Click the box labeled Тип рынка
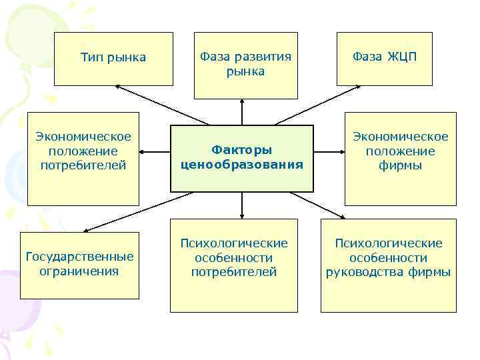[113, 59]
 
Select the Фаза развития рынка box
[245, 65]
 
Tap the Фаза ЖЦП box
[384, 59]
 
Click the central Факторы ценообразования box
[241, 158]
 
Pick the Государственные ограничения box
[79, 265]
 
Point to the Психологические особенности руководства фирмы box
[388, 265]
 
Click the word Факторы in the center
[241, 151]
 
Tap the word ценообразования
[241, 165]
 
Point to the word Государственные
[79, 257]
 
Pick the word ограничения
[79, 271]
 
